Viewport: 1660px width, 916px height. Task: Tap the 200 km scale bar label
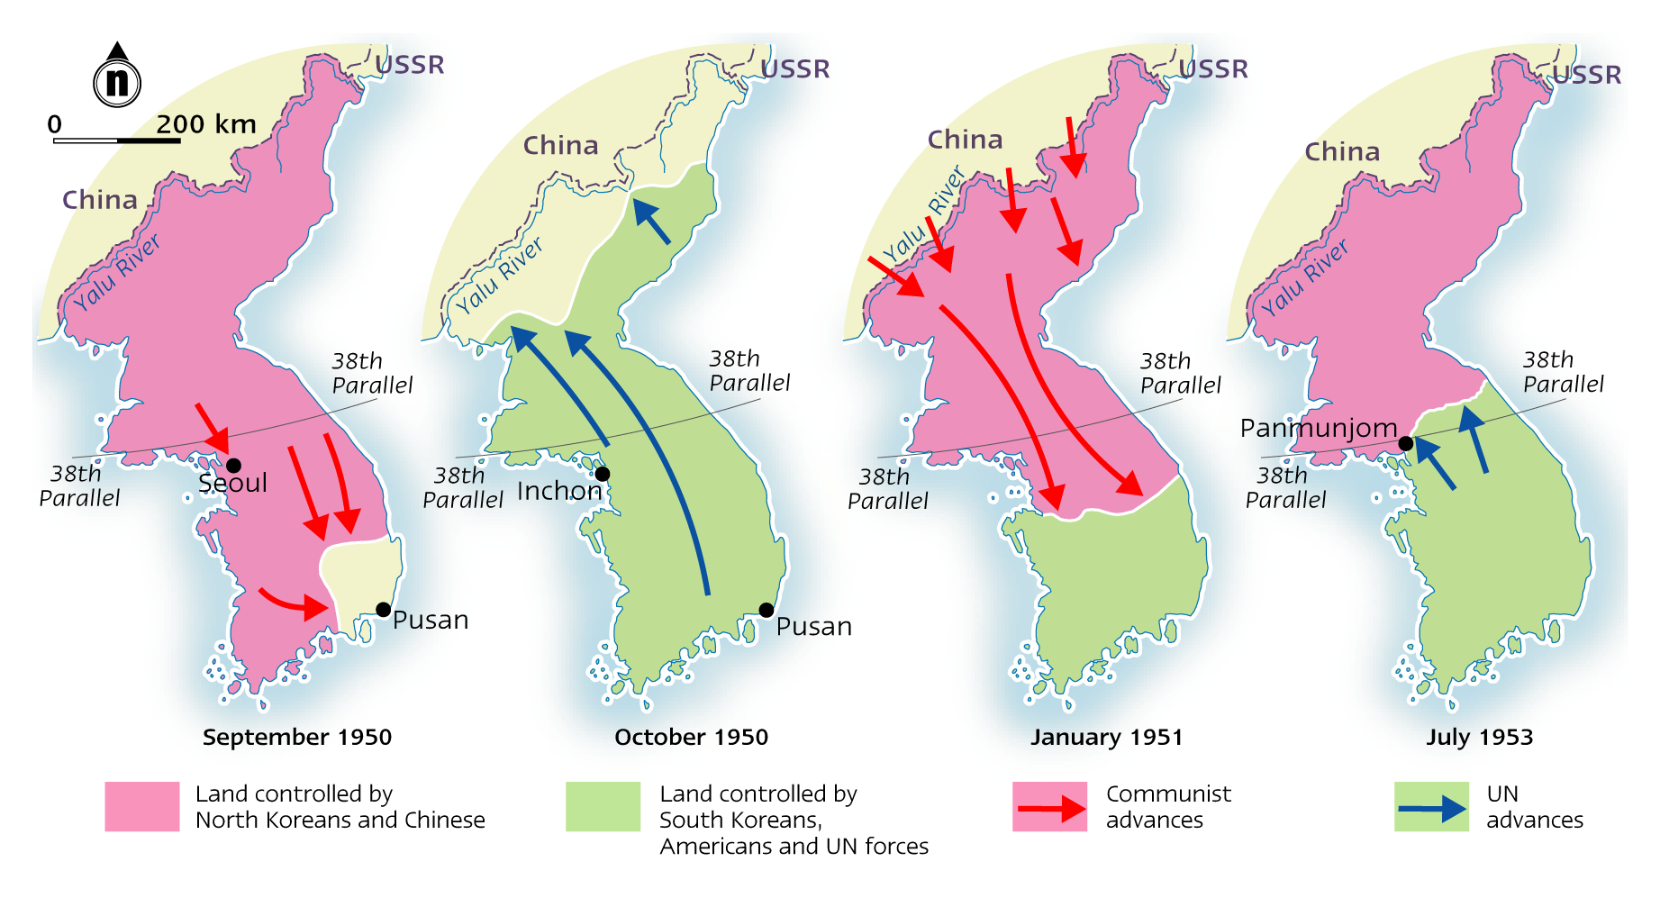[206, 124]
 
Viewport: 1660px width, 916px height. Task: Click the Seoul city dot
[233, 466]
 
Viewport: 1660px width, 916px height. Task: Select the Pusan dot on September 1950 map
[383, 610]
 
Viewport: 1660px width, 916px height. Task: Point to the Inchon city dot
[603, 474]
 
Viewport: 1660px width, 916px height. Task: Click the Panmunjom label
[1318, 428]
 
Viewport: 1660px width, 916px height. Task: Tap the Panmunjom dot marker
[1405, 443]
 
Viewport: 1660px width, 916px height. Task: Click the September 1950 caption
[296, 737]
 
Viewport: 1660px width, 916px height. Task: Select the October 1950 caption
[691, 737]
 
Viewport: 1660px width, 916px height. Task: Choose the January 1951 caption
[1106, 737]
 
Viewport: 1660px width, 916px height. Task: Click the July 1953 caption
[1479, 737]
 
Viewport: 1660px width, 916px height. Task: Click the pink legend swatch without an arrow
[142, 806]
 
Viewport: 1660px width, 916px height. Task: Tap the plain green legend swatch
[603, 806]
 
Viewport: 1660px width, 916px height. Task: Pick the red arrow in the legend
[1050, 808]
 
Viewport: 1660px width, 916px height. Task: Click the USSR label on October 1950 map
[795, 69]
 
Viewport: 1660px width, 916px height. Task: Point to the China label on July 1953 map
[1342, 152]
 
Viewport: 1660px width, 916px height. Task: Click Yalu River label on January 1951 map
[923, 216]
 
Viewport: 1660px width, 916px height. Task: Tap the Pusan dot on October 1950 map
[766, 610]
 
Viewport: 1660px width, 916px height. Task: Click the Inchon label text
[558, 491]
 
